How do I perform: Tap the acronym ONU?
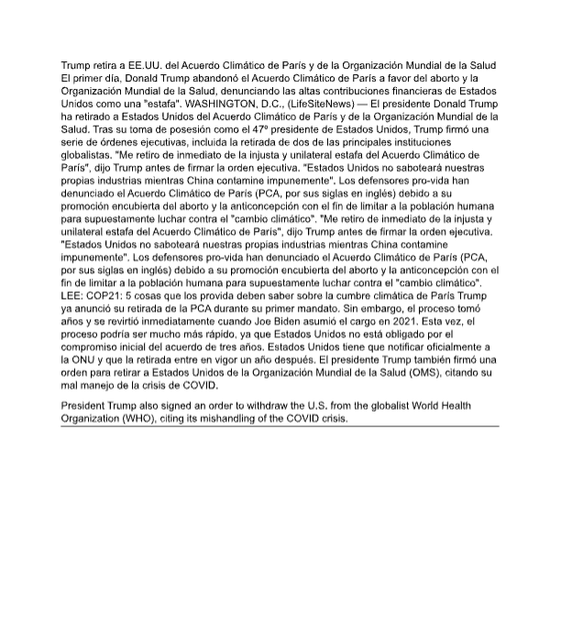[84, 361]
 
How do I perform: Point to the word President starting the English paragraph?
[84, 405]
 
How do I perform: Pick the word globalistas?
[88, 156]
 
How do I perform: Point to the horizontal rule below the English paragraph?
[280, 426]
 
